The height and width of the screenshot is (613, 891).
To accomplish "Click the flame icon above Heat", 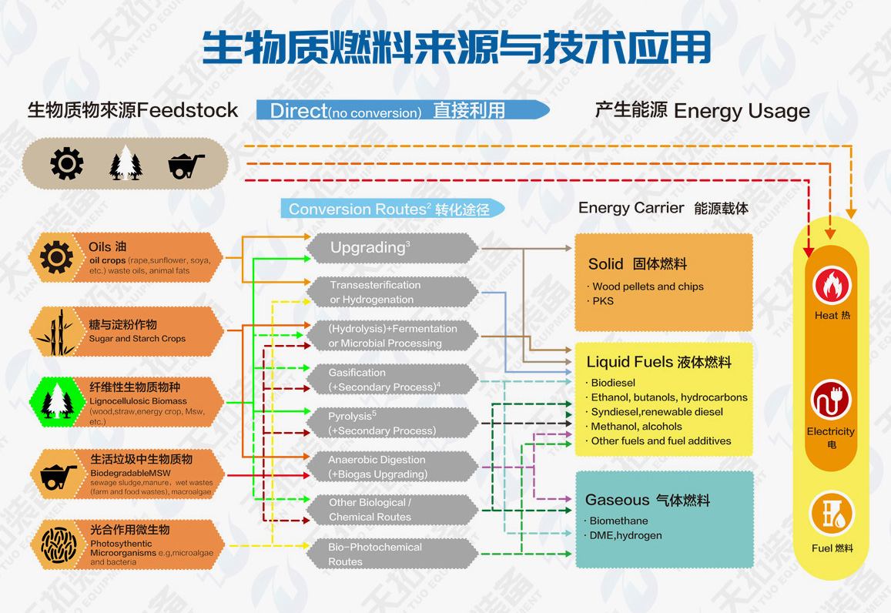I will tap(831, 285).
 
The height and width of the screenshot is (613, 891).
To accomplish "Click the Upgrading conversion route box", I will tap(392, 248).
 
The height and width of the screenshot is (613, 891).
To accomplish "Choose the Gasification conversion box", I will tap(392, 380).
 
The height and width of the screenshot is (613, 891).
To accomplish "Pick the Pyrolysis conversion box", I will tap(392, 424).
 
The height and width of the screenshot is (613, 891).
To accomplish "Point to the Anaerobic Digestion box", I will tap(392, 467).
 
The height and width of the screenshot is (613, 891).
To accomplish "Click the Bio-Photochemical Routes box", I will tap(392, 554).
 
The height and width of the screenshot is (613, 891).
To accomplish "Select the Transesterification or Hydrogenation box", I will tap(392, 292).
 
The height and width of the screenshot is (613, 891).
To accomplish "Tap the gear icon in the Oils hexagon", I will tap(56, 257).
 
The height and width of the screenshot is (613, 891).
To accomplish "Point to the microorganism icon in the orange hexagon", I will tap(56, 544).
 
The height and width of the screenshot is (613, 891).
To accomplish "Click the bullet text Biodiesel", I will tap(613, 383).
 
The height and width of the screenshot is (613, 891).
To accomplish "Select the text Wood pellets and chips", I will tap(648, 286).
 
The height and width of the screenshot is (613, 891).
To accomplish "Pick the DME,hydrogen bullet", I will tap(625, 535).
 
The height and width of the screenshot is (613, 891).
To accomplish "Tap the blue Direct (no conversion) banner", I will tap(402, 110).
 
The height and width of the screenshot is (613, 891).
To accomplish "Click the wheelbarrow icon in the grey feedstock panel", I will tap(186, 164).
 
